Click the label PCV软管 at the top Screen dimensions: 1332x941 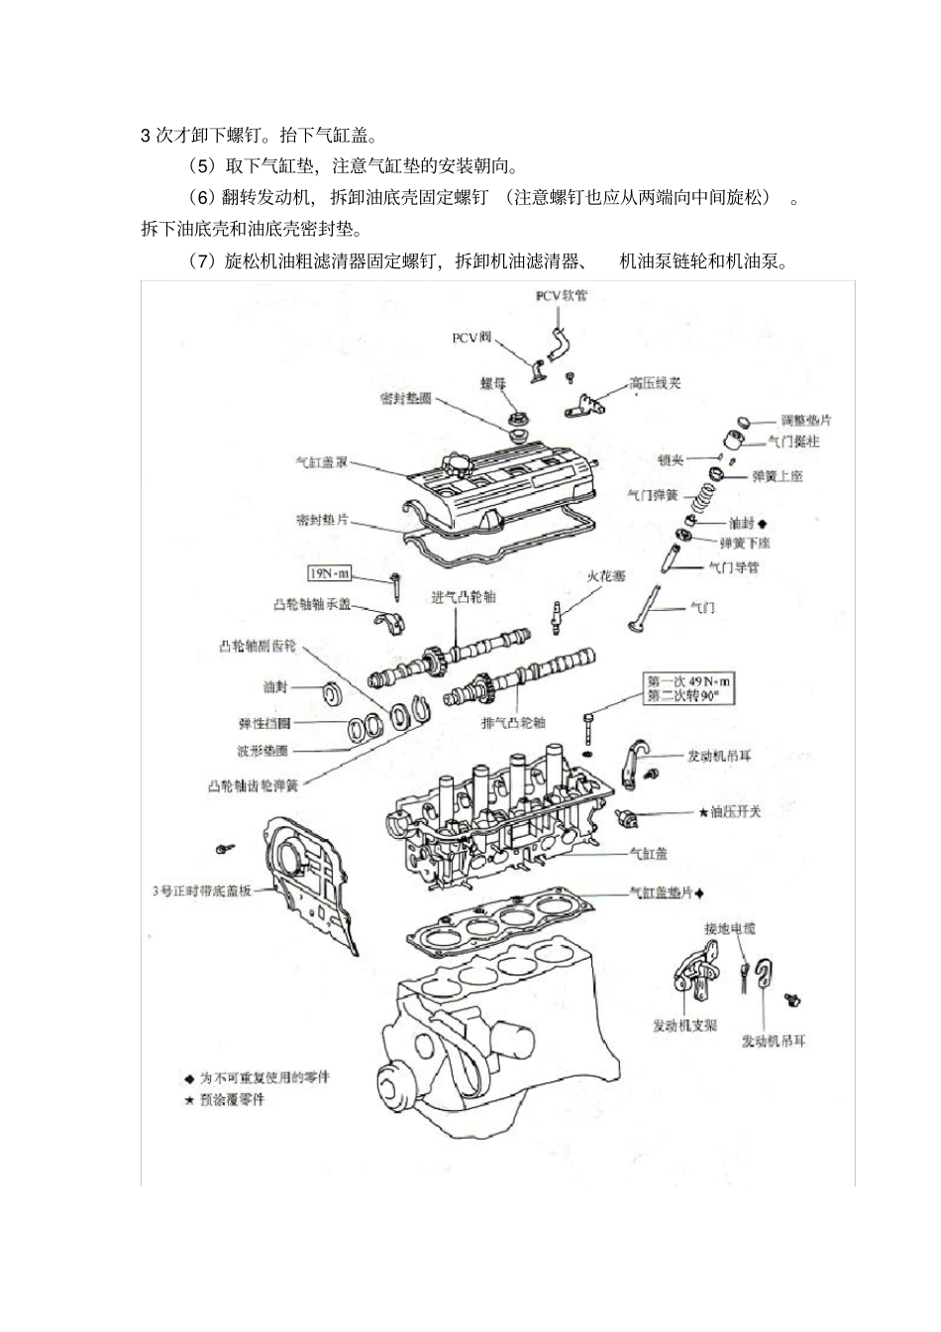tap(561, 295)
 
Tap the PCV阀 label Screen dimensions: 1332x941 tap(471, 338)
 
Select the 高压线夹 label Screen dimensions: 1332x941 tap(655, 383)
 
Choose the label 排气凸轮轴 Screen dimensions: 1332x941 tap(513, 723)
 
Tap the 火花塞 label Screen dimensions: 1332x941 tap(606, 575)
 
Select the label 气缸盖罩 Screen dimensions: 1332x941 tap(322, 461)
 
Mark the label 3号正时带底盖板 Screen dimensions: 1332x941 tap(201, 889)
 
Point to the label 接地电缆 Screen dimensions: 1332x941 tap(730, 928)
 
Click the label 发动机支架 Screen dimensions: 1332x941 tap(684, 1025)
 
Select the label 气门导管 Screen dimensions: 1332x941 tap(733, 567)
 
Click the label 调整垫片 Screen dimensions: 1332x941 tap(805, 419)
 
